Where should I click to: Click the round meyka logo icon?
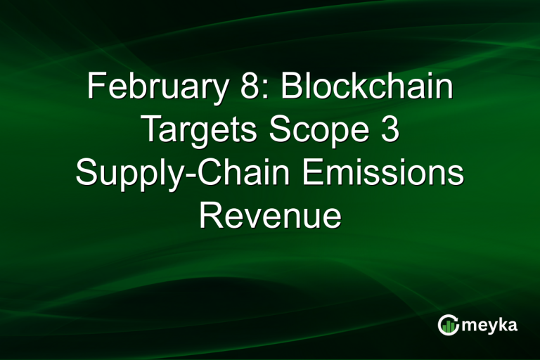[x=449, y=325]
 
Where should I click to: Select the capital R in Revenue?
[x=209, y=214]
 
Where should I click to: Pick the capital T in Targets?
[x=150, y=130]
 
